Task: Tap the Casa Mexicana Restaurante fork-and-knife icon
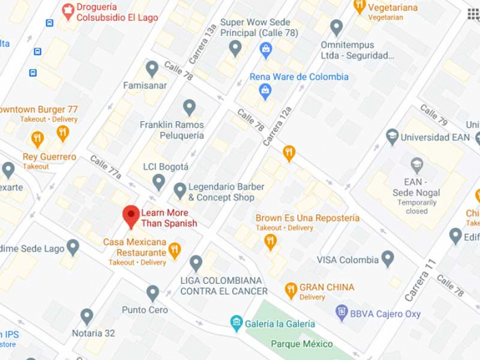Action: pos(175,250)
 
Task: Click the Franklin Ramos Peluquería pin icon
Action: pos(189,107)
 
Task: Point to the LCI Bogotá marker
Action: pos(159,182)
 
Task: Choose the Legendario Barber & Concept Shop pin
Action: pos(180,190)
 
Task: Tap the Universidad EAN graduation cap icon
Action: pos(392,137)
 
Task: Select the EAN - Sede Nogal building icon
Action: pos(416,164)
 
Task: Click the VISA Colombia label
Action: pos(348,259)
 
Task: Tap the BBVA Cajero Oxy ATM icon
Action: pos(340,313)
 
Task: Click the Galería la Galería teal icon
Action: pos(236,323)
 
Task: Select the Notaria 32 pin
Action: pos(86,316)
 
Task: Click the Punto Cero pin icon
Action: pos(153,294)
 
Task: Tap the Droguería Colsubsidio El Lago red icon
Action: pos(67,10)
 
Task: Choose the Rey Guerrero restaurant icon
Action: pos(38,140)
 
